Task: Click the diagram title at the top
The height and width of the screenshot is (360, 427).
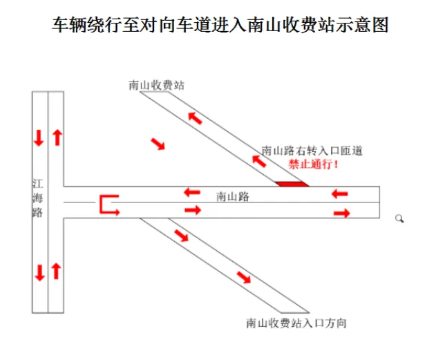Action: [220, 25]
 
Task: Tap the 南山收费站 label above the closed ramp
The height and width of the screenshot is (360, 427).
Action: [157, 85]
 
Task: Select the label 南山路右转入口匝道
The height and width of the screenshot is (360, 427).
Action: [312, 151]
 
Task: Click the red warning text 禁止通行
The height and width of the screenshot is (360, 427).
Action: [314, 164]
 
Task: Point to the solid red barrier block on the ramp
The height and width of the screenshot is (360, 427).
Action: [292, 184]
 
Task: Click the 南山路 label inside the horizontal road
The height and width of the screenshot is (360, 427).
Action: [233, 196]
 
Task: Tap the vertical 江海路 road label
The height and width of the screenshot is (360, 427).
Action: [37, 198]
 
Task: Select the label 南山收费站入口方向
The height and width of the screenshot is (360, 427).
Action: [296, 323]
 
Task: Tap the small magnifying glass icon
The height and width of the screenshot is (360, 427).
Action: [399, 218]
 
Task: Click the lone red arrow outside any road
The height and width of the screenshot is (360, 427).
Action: [158, 144]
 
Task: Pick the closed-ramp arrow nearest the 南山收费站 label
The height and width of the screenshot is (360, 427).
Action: [196, 117]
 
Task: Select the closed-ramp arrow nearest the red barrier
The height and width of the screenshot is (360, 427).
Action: [259, 161]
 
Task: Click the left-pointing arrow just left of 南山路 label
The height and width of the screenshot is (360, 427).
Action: [192, 192]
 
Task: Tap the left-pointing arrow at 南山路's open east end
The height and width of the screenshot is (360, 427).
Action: [340, 194]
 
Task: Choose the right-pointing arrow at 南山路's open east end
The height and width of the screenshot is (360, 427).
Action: [342, 213]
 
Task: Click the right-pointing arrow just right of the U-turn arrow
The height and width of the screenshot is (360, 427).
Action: [193, 210]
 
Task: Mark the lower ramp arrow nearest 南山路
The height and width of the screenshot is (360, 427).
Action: [181, 236]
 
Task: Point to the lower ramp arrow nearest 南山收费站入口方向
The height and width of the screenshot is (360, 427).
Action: [244, 278]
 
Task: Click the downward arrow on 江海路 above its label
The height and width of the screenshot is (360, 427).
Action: [39, 138]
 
